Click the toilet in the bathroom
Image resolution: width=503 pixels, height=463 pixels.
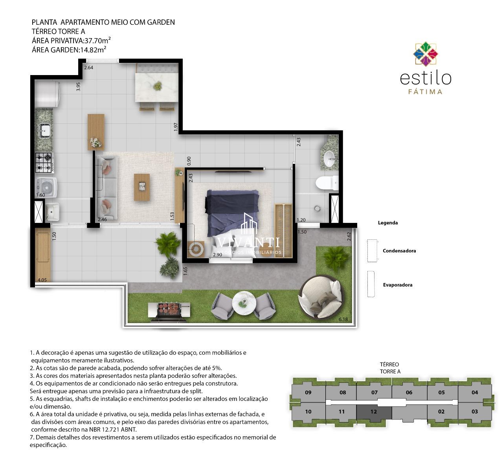pyautogui.click(x=327, y=183)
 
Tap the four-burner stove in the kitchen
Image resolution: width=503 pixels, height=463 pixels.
pyautogui.click(x=44, y=162)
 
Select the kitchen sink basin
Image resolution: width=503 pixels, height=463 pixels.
pyautogui.click(x=45, y=130)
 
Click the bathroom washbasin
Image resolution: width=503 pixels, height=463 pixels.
pyautogui.click(x=329, y=159)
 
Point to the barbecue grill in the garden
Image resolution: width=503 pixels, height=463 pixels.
pyautogui.click(x=168, y=312)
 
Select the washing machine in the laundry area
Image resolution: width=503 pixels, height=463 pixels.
pyautogui.click(x=46, y=187)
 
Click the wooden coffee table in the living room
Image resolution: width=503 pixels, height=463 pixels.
pyautogui.click(x=142, y=187)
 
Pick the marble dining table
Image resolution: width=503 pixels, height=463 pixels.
pyautogui.click(x=156, y=87)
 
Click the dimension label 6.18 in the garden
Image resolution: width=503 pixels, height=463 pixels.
pyautogui.click(x=343, y=319)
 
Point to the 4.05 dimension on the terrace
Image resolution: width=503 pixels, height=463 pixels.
pyautogui.click(x=42, y=280)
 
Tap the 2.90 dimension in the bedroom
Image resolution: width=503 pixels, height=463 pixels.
pyautogui.click(x=217, y=255)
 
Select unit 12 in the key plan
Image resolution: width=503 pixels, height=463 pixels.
pyautogui.click(x=374, y=412)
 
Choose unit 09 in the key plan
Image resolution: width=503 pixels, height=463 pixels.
pyautogui.click(x=308, y=393)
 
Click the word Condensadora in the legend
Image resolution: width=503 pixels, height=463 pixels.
pyautogui.click(x=399, y=250)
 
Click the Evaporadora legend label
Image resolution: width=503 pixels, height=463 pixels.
pyautogui.click(x=398, y=285)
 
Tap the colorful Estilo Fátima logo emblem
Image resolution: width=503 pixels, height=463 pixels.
pyautogui.click(x=426, y=54)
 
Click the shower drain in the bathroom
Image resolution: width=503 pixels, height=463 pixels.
pyautogui.click(x=318, y=208)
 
